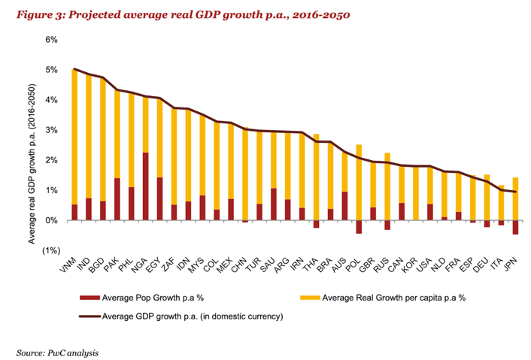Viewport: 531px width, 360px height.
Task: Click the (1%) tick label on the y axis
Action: [50, 251]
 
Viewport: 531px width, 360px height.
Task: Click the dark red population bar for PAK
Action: [117, 199]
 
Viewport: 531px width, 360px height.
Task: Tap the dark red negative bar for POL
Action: [379, 227]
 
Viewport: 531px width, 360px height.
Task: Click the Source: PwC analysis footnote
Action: [58, 351]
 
